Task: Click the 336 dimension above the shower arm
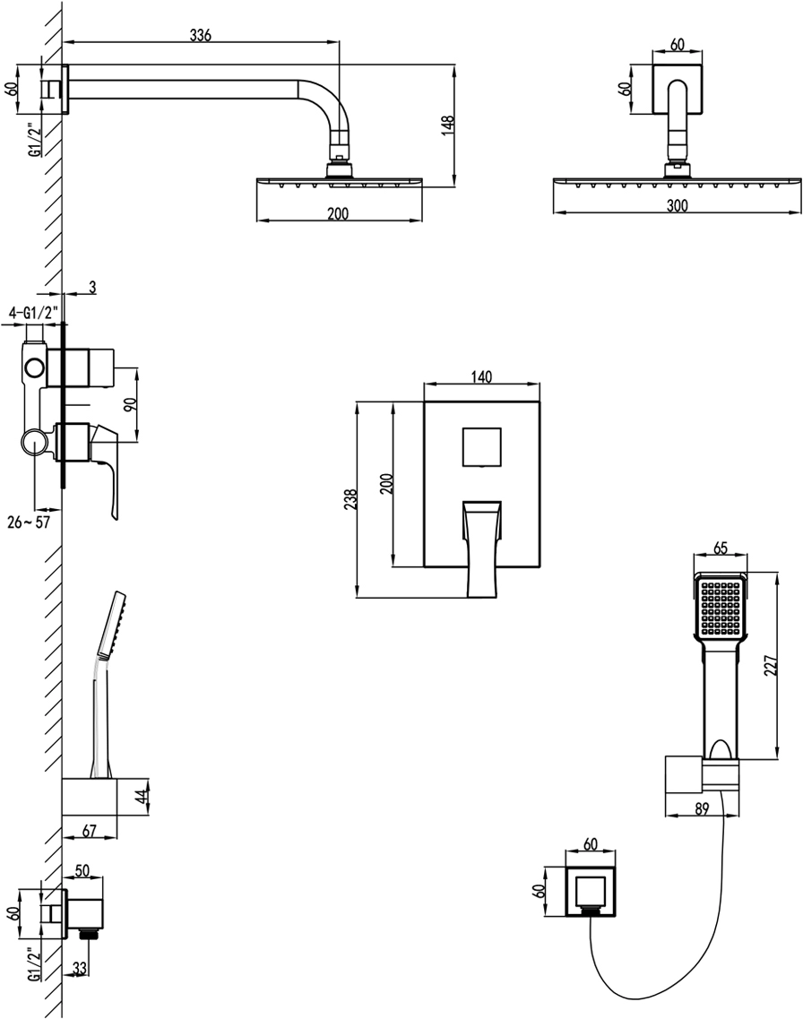[200, 35]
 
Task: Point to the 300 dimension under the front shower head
[678, 206]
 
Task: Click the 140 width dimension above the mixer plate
[481, 377]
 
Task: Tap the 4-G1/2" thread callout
[34, 312]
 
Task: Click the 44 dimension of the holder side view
[141, 797]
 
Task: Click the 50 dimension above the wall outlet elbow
[83, 871]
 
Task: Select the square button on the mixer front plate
[482, 446]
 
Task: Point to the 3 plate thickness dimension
[93, 289]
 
